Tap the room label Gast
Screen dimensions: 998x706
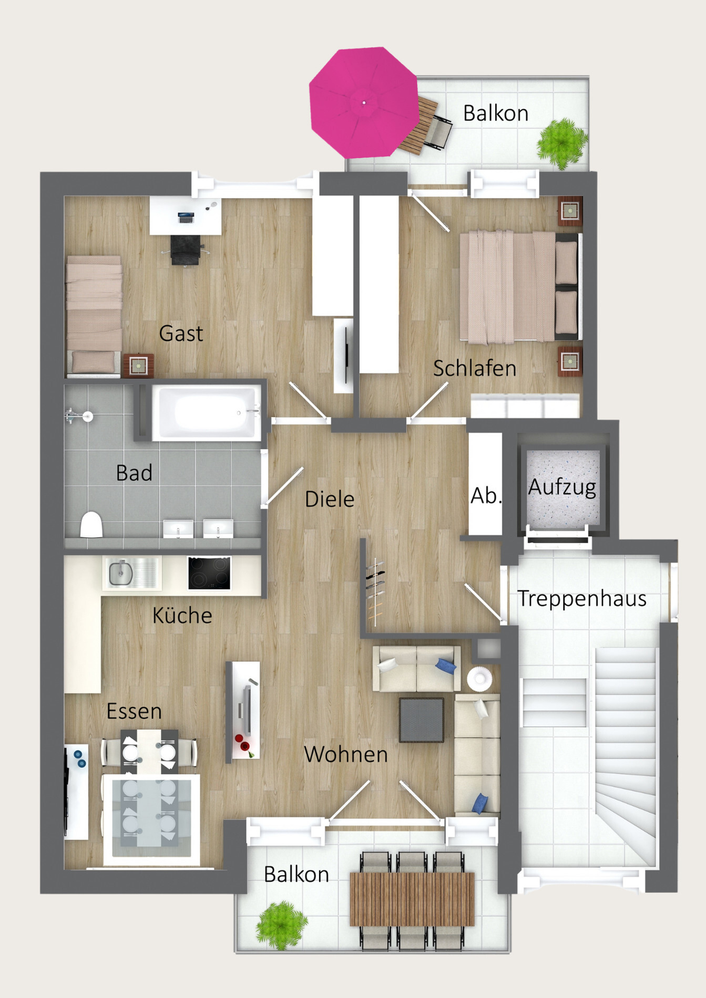click(181, 334)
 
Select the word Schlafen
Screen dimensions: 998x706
click(474, 368)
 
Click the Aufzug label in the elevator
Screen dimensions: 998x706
click(562, 487)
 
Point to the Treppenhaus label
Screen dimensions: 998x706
click(582, 599)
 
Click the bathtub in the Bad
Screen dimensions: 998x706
click(207, 412)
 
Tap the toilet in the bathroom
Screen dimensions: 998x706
click(91, 525)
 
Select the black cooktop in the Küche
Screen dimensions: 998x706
click(209, 573)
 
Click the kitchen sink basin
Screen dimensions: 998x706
click(121, 572)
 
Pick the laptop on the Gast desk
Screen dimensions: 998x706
click(186, 216)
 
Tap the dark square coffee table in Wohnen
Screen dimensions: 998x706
click(421, 720)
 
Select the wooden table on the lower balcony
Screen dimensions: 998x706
click(412, 899)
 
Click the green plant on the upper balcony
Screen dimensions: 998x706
click(561, 142)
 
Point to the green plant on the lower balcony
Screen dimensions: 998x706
click(281, 925)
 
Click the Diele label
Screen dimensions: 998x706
click(330, 499)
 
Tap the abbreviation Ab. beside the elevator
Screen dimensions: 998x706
click(485, 496)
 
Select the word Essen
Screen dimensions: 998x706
click(134, 711)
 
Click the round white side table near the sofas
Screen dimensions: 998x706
click(479, 678)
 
